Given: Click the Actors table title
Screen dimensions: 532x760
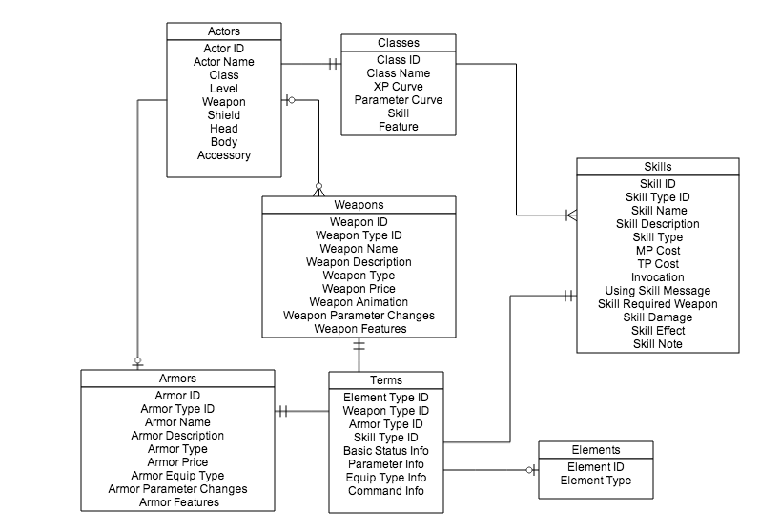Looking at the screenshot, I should point(224,31).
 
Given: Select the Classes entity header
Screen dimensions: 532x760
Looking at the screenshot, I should point(398,42).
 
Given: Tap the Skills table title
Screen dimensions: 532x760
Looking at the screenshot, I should point(657,167).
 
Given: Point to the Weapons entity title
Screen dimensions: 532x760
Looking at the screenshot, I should point(359,205).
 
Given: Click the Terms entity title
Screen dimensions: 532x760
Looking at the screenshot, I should point(385,380).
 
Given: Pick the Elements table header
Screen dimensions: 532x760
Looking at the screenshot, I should point(595,450).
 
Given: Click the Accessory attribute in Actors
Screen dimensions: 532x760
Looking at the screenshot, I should point(224,155).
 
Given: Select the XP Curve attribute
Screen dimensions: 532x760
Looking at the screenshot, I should point(398,86).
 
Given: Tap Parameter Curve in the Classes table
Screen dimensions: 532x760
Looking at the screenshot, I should point(398,99).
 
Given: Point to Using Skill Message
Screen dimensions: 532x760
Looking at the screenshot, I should point(657,290).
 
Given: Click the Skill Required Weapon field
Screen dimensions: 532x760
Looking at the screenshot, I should point(657,303).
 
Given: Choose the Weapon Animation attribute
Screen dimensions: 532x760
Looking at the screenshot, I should point(359,302).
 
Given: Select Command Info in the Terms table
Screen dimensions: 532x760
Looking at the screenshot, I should point(385,491).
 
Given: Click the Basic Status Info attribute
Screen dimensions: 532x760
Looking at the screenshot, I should point(385,451).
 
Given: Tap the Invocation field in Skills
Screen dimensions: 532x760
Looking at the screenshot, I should point(657,276).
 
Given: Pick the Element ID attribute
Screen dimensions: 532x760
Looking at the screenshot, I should point(595,467).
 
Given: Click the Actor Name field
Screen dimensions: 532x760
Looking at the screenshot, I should point(224,62).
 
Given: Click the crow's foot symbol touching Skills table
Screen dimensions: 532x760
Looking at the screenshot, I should point(569,215).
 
